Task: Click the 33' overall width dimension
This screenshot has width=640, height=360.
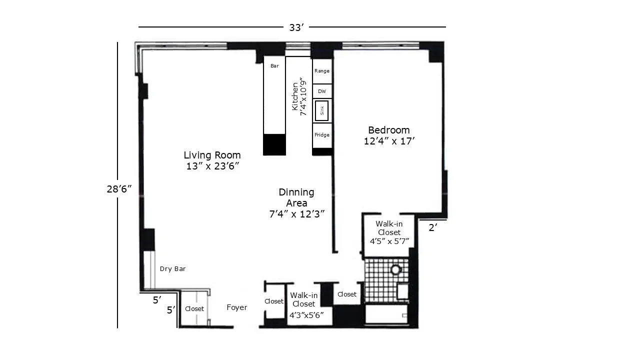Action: (x=296, y=27)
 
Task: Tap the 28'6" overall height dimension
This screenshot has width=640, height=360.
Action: (x=118, y=188)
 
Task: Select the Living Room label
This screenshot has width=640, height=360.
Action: (x=212, y=160)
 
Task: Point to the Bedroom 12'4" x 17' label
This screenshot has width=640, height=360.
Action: (x=389, y=135)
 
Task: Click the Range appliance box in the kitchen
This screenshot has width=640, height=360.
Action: (x=322, y=71)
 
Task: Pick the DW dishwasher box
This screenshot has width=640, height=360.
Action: (x=322, y=91)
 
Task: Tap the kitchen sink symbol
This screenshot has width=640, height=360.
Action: (x=321, y=111)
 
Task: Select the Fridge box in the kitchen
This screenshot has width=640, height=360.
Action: (x=322, y=135)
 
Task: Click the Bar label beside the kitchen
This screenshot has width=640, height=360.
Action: (x=274, y=66)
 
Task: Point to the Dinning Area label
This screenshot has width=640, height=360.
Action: (x=296, y=203)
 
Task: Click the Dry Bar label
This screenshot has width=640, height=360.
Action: (x=172, y=269)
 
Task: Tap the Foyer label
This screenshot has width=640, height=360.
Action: (x=236, y=307)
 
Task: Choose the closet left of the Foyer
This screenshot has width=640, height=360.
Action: (x=194, y=309)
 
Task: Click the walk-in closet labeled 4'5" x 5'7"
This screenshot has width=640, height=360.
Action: (x=389, y=232)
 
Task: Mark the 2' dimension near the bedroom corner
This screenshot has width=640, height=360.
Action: (x=433, y=227)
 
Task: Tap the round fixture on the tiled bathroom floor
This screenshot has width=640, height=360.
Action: (x=396, y=270)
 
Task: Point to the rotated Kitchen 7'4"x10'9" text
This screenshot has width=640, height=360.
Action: (x=298, y=96)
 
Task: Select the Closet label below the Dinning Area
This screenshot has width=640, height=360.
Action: (x=346, y=294)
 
